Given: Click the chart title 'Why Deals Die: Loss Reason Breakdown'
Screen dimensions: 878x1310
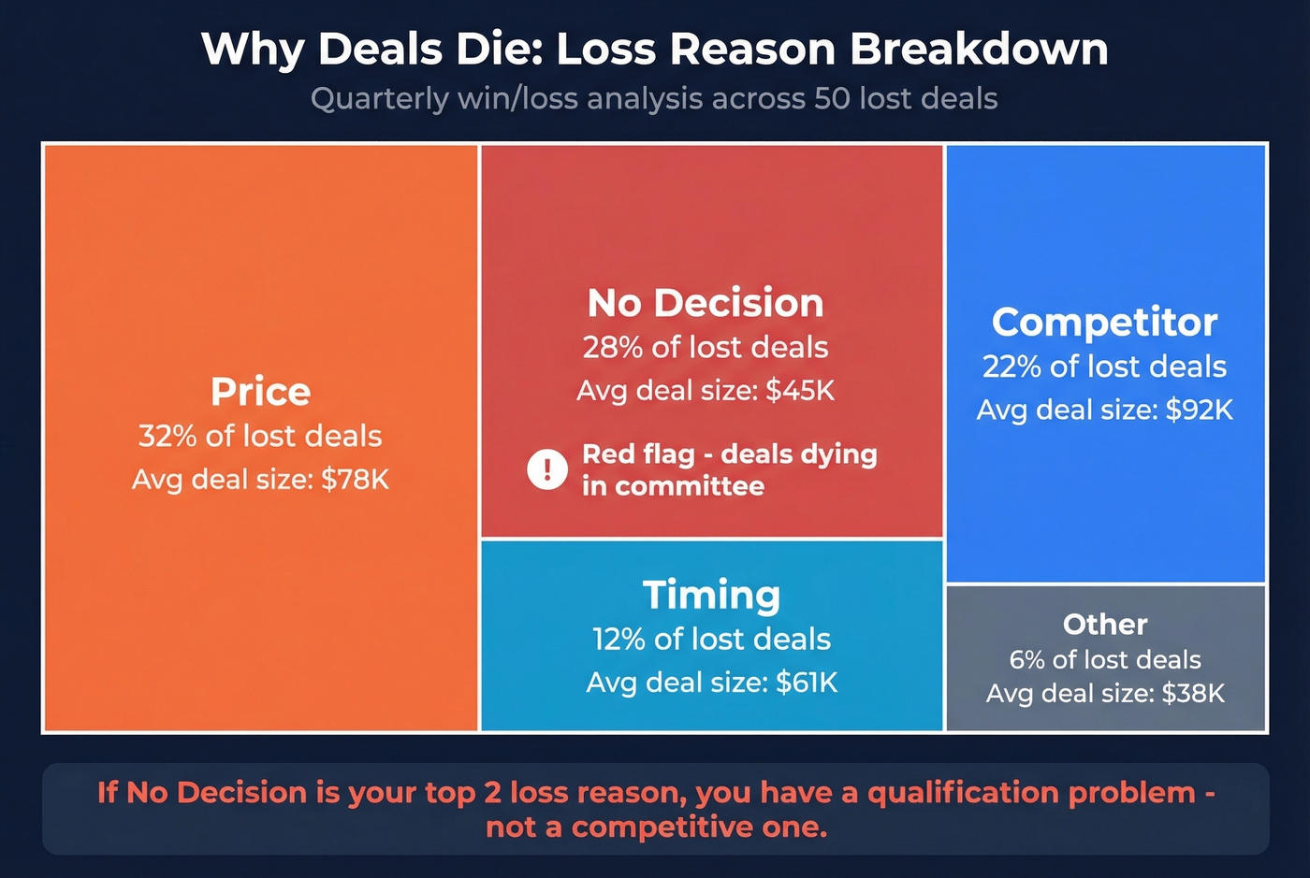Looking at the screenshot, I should pyautogui.click(x=655, y=49).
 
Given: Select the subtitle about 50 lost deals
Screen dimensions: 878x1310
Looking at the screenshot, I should pyautogui.click(x=655, y=98).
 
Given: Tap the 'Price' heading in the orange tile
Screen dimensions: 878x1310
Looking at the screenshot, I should pyautogui.click(x=260, y=392).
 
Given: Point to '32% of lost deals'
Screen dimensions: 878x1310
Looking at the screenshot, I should pyautogui.click(x=260, y=436).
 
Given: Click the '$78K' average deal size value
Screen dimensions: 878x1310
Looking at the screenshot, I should pyautogui.click(x=355, y=480).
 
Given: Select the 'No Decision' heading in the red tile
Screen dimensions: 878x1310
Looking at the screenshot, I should pyautogui.click(x=706, y=303).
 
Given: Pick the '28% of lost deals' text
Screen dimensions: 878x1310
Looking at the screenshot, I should pyautogui.click(x=706, y=348).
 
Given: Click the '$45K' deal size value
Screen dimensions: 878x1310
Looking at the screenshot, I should pyautogui.click(x=800, y=390).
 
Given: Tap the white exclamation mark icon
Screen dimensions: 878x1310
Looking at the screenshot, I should pyautogui.click(x=547, y=469).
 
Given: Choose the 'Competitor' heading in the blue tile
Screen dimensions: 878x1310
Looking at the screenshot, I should pyautogui.click(x=1104, y=323).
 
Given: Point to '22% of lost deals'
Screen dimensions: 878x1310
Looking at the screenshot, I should pyautogui.click(x=1104, y=367).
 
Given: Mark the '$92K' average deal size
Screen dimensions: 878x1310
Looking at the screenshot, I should pyautogui.click(x=1199, y=410).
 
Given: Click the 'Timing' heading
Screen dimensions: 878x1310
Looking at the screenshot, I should pyautogui.click(x=711, y=596).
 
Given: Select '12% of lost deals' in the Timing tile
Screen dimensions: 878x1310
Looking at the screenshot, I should pyautogui.click(x=711, y=640).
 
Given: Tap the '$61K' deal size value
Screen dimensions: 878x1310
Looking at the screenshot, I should pyautogui.click(x=807, y=683).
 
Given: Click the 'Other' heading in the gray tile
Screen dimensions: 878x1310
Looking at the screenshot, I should pyautogui.click(x=1105, y=624).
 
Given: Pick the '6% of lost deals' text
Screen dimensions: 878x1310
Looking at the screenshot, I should pyautogui.click(x=1105, y=660).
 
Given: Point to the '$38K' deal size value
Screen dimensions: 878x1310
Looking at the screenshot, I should pyautogui.click(x=1193, y=694).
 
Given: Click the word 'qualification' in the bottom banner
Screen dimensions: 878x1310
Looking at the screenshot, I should pyautogui.click(x=963, y=793).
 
